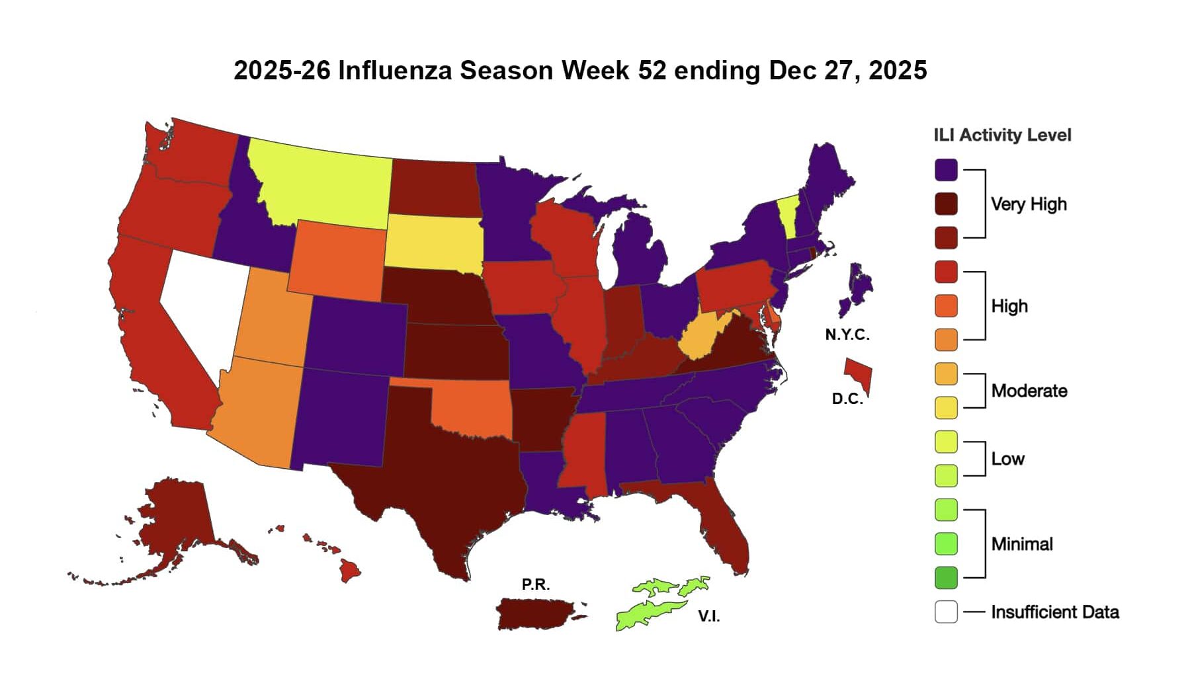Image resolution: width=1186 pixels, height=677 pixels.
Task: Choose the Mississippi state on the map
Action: coord(582,456)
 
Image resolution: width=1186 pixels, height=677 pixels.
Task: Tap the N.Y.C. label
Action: coord(847,335)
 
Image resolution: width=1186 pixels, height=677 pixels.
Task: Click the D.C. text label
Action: coord(847,399)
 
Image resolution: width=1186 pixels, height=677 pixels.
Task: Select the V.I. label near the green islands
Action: coord(709,616)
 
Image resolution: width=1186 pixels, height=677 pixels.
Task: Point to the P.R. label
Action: coord(535,584)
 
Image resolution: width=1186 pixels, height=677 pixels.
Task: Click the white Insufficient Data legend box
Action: coord(946,612)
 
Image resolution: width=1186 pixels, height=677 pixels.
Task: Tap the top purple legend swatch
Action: coord(946,169)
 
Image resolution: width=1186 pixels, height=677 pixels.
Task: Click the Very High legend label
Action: coord(1029,204)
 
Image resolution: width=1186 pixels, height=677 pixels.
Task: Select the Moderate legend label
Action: coord(1029,391)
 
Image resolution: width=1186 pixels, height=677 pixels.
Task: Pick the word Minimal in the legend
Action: coord(1022,544)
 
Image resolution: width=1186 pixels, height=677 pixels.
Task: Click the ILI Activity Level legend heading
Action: coord(1002,135)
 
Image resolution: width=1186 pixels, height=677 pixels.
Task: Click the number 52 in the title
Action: coord(652,70)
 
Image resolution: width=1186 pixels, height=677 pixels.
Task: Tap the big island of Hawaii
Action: coord(350,570)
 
